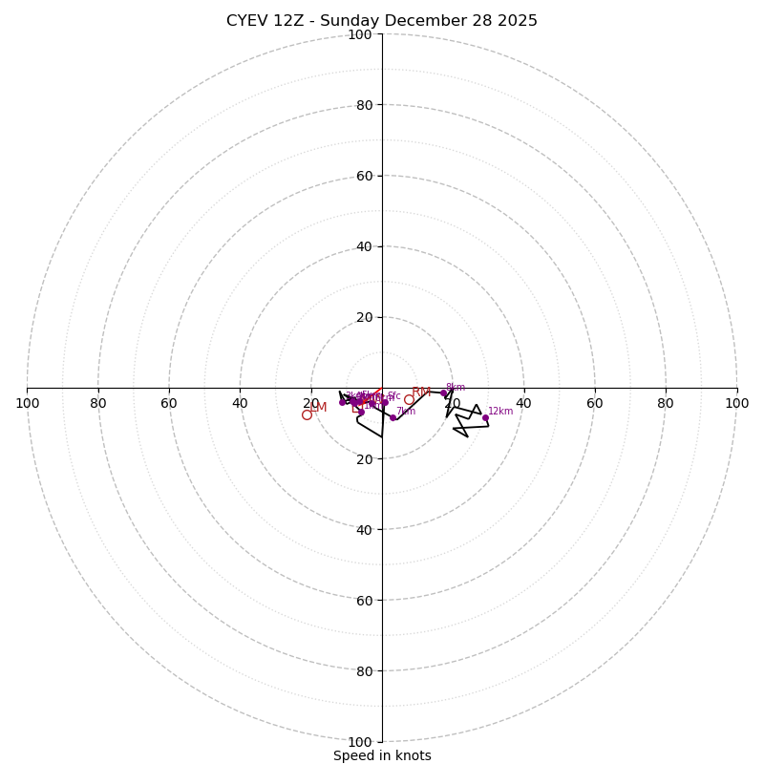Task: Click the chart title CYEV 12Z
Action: [382, 21]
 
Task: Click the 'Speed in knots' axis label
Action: [382, 755]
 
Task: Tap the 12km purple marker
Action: [485, 417]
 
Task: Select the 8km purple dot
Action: [443, 393]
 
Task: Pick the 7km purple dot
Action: [393, 417]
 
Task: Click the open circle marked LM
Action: [307, 414]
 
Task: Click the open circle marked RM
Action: [409, 399]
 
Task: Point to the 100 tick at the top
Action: [360, 34]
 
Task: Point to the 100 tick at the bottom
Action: [360, 742]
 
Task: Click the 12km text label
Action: [500, 412]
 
